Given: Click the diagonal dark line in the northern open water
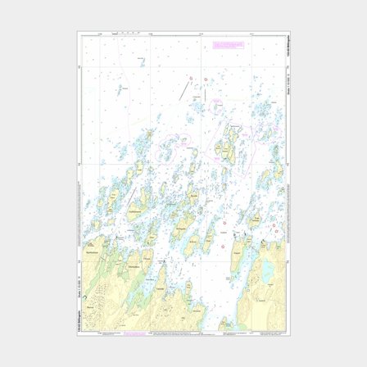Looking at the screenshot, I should (x=188, y=89).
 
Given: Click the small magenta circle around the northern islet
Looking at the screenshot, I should (x=216, y=106).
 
